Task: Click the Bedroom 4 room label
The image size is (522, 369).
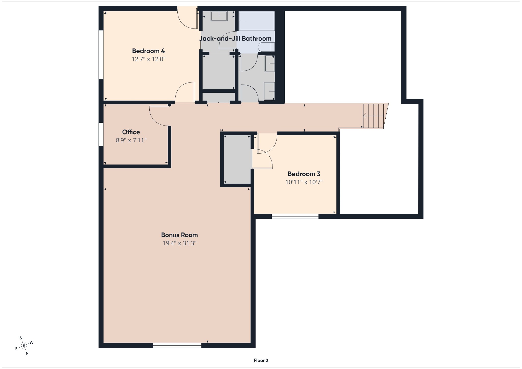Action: [148, 51]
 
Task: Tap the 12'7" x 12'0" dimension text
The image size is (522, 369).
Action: [148, 59]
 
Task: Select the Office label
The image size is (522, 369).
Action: [131, 132]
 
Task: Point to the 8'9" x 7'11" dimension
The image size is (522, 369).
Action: [131, 140]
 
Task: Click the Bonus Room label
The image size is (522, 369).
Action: [179, 235]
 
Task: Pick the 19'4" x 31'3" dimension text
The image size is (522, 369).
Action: [179, 243]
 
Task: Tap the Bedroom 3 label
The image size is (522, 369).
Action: [304, 174]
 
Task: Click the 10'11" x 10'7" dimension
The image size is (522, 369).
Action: [304, 182]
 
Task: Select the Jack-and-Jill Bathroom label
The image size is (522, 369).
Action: [235, 38]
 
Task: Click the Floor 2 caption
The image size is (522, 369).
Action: [261, 360]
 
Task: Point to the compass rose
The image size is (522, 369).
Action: [24, 346]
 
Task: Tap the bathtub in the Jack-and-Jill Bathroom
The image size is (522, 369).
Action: [256, 21]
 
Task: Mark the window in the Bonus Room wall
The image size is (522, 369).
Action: [177, 345]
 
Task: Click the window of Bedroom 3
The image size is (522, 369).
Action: [295, 216]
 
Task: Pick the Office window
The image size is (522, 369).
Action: [101, 134]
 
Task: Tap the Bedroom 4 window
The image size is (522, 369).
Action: [101, 55]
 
